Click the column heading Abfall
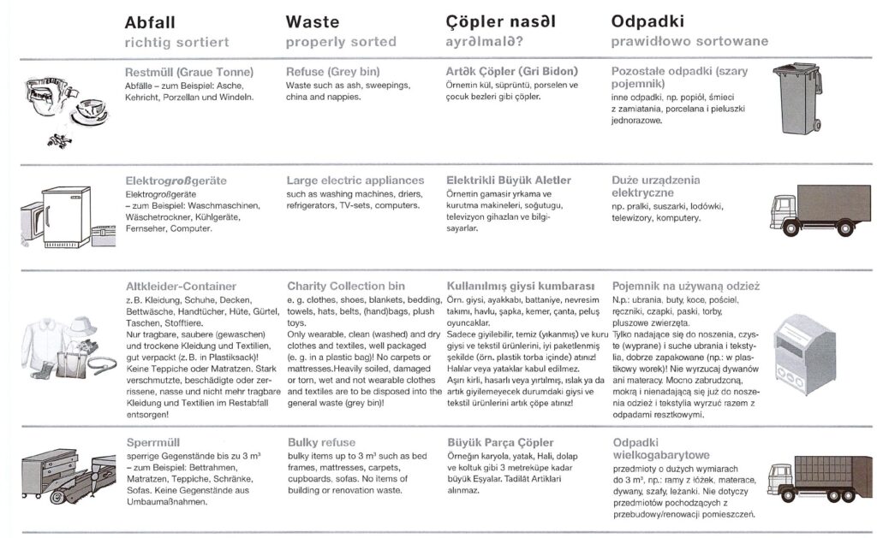152,22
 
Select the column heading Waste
313,22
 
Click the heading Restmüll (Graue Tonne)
182,72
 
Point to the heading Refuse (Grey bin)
332,72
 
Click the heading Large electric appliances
355,180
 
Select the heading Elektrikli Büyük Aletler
509,180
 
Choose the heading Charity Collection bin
346,286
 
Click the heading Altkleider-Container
181,286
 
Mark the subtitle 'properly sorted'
341,41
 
